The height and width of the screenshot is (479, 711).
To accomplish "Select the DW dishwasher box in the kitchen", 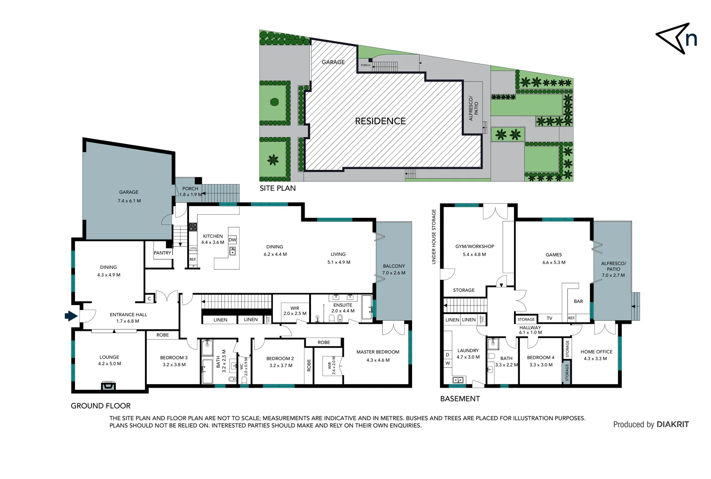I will tap(232, 240).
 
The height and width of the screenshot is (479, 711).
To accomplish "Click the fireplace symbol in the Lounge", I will tap(108, 386).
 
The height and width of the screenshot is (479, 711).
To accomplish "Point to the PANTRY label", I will tap(162, 253).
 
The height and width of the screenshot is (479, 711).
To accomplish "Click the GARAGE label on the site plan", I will tap(333, 62).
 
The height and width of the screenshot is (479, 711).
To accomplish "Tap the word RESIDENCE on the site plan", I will tap(380, 121).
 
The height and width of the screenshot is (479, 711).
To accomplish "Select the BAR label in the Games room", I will tap(578, 301).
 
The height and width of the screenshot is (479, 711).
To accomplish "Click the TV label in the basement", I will tap(549, 318).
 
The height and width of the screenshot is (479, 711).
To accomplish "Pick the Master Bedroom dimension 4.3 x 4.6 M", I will tap(378, 360).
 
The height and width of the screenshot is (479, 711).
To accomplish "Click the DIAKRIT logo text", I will tap(672, 424).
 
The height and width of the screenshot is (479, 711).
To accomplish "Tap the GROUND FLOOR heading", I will tap(101, 406).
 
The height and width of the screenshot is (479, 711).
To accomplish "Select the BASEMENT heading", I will tap(460, 399).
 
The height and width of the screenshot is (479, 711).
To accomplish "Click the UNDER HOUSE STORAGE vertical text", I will tap(434, 237).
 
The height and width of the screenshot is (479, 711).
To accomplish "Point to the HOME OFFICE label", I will tap(596, 352).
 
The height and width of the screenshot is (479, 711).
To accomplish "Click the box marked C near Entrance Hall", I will tap(149, 299).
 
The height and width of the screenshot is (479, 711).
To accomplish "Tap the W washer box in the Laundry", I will tap(448, 363).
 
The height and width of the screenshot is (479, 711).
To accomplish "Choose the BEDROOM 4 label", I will tap(540, 357).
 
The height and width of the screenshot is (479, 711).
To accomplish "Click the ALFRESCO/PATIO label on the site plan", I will tap(474, 108).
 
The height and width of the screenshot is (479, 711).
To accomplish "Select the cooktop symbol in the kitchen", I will tap(192, 227).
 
